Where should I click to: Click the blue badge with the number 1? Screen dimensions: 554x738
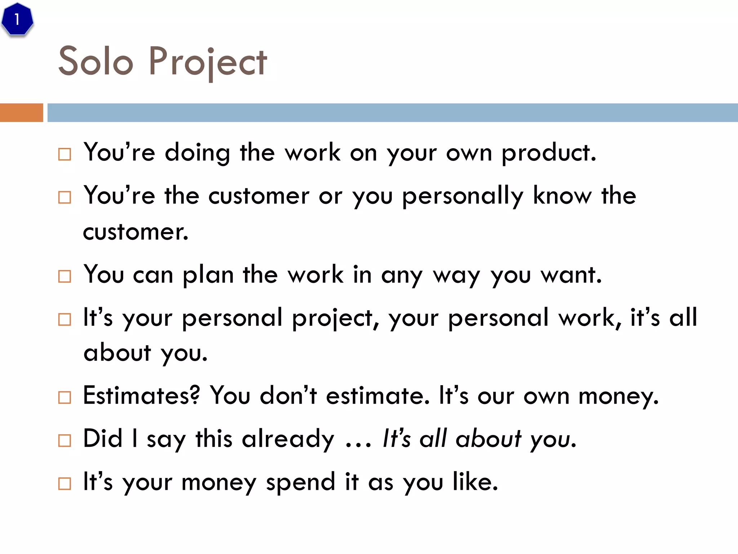(x=17, y=19)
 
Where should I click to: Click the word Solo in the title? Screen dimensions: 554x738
(x=96, y=62)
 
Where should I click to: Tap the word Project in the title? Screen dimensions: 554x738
(x=208, y=62)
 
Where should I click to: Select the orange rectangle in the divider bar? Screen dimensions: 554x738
(x=21, y=113)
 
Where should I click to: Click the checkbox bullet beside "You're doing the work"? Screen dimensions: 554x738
(x=65, y=154)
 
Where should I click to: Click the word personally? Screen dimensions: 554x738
(x=463, y=196)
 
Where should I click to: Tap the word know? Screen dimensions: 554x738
(x=562, y=195)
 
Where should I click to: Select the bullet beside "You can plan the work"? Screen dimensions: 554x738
(x=65, y=277)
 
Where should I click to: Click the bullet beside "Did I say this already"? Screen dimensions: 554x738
(x=65, y=440)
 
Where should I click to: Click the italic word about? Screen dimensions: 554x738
(x=488, y=439)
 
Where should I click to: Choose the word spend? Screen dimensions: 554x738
(x=301, y=482)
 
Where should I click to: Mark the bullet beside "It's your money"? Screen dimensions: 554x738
(x=65, y=483)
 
